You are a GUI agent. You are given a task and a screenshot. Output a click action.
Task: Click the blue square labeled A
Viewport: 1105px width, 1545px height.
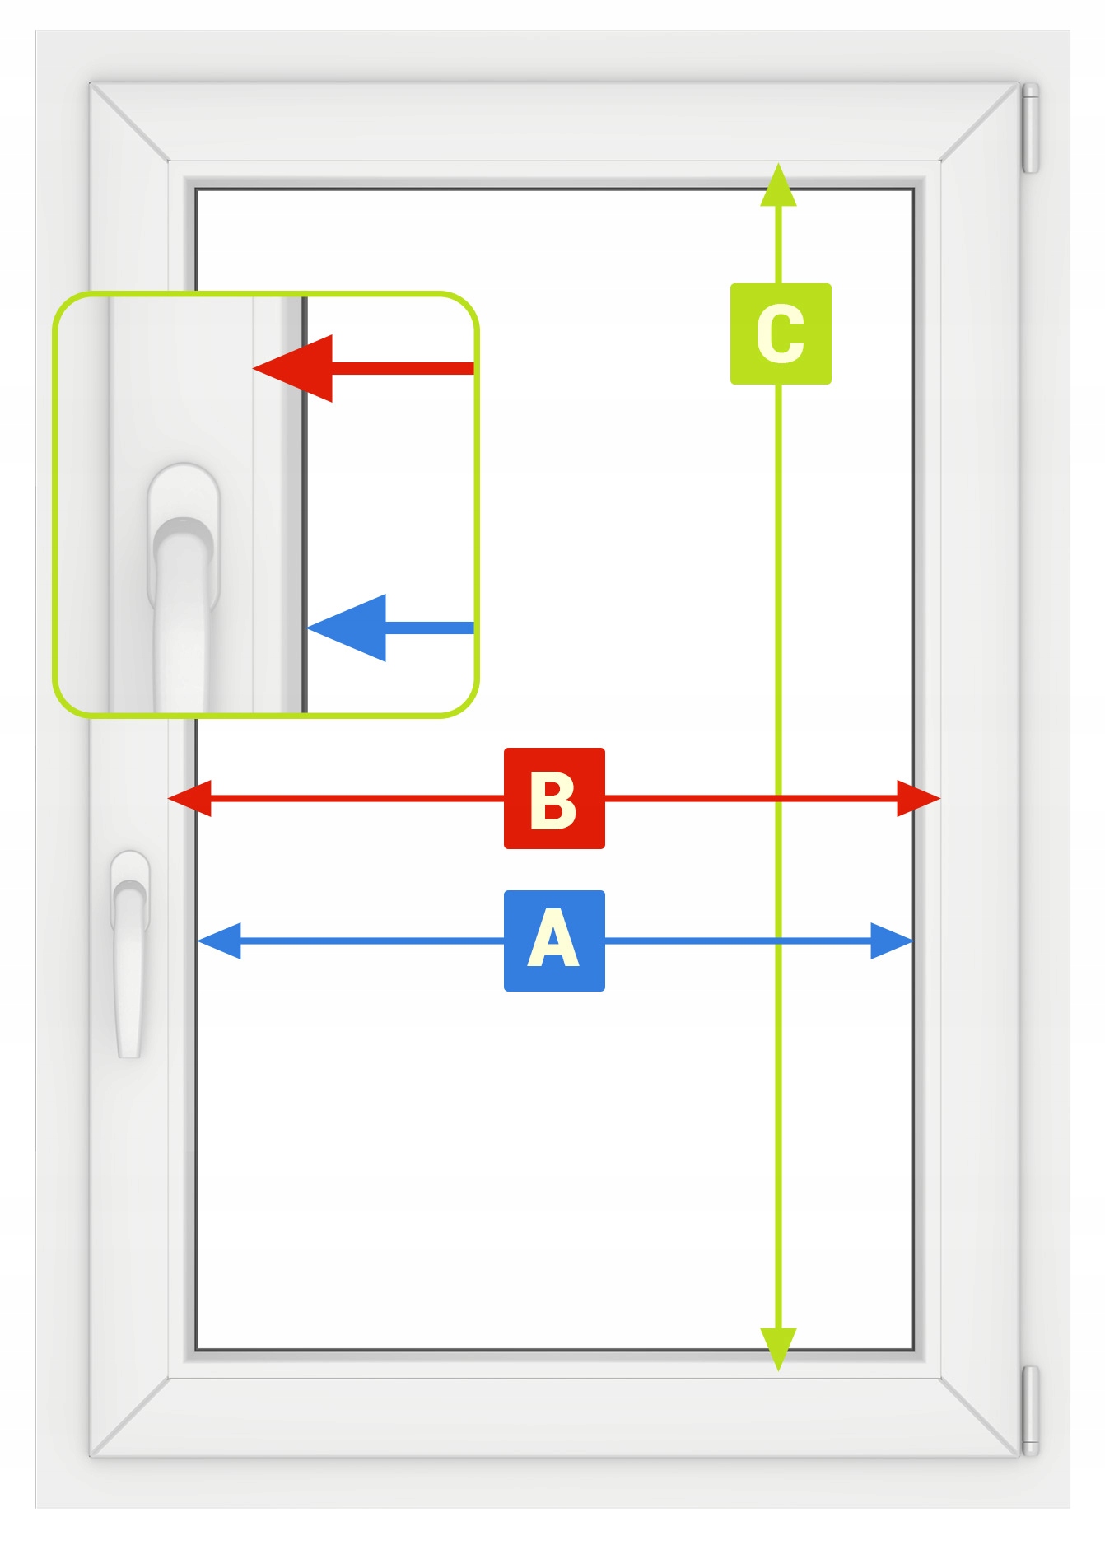pos(554,941)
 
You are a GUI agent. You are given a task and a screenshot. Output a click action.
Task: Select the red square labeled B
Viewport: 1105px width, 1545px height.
pos(554,798)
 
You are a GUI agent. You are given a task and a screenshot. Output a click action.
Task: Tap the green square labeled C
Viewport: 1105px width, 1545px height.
pos(781,334)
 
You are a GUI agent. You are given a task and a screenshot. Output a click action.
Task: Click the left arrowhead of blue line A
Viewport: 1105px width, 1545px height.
pos(219,941)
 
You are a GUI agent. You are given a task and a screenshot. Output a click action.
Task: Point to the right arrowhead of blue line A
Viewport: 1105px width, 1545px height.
pos(892,941)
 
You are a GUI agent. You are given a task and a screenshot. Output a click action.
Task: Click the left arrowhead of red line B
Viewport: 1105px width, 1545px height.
pos(189,798)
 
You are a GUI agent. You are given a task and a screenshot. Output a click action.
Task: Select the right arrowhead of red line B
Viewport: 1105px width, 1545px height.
pos(918,798)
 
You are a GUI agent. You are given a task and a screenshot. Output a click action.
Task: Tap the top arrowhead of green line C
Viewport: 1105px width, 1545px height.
pos(778,185)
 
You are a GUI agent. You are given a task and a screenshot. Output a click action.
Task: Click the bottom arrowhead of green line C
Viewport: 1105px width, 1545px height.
pos(778,1348)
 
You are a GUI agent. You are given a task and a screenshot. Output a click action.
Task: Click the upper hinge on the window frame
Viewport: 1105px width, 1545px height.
pos(1030,128)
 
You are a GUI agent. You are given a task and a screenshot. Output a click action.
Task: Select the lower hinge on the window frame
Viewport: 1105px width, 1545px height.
pos(1030,1410)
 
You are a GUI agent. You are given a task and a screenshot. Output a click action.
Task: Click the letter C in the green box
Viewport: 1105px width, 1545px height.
pos(781,334)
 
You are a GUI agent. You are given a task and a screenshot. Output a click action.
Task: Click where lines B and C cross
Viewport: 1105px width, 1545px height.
pos(778,798)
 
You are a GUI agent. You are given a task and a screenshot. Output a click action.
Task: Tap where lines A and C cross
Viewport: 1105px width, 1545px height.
pos(778,941)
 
